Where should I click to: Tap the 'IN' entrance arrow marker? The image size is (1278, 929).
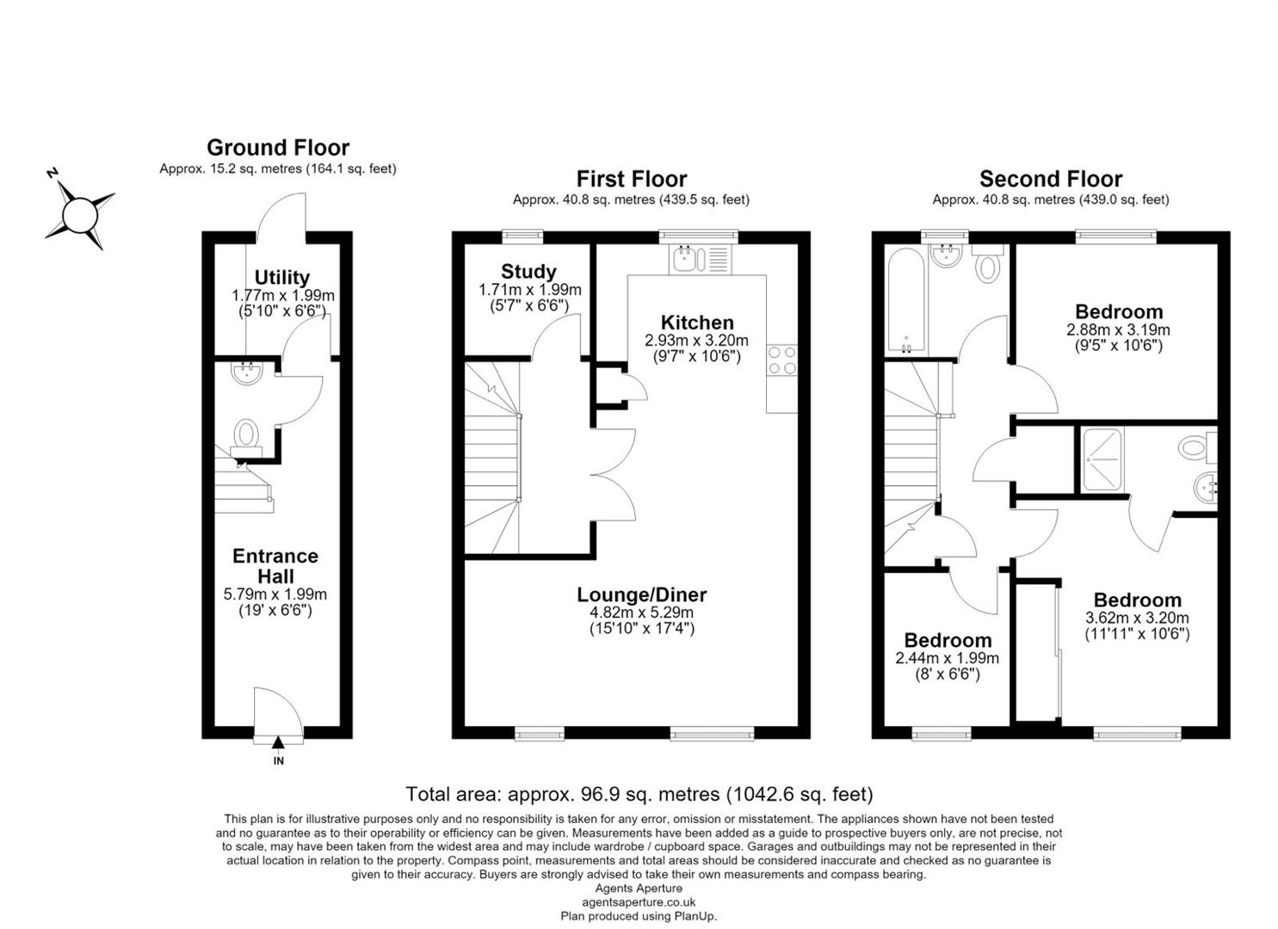[278, 742]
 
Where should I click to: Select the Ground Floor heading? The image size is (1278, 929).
[278, 148]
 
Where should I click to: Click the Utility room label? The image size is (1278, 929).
[281, 278]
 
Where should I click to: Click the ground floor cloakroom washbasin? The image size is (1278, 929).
[246, 373]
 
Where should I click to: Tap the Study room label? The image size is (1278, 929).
[528, 272]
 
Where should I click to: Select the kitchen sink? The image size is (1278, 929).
[701, 260]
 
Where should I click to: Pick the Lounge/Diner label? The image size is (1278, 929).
[642, 594]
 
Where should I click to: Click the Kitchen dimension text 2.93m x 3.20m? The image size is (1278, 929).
[696, 341]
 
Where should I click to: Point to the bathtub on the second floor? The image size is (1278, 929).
[906, 300]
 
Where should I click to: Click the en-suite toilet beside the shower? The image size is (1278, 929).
[1197, 446]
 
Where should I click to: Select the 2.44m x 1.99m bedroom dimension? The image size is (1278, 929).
[947, 658]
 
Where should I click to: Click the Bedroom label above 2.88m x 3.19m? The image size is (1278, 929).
[1119, 312]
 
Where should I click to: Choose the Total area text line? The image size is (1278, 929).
[639, 794]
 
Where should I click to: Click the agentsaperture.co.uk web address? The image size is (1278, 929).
[639, 902]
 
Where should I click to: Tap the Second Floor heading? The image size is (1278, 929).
[1051, 179]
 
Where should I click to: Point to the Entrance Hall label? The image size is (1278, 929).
[275, 566]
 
